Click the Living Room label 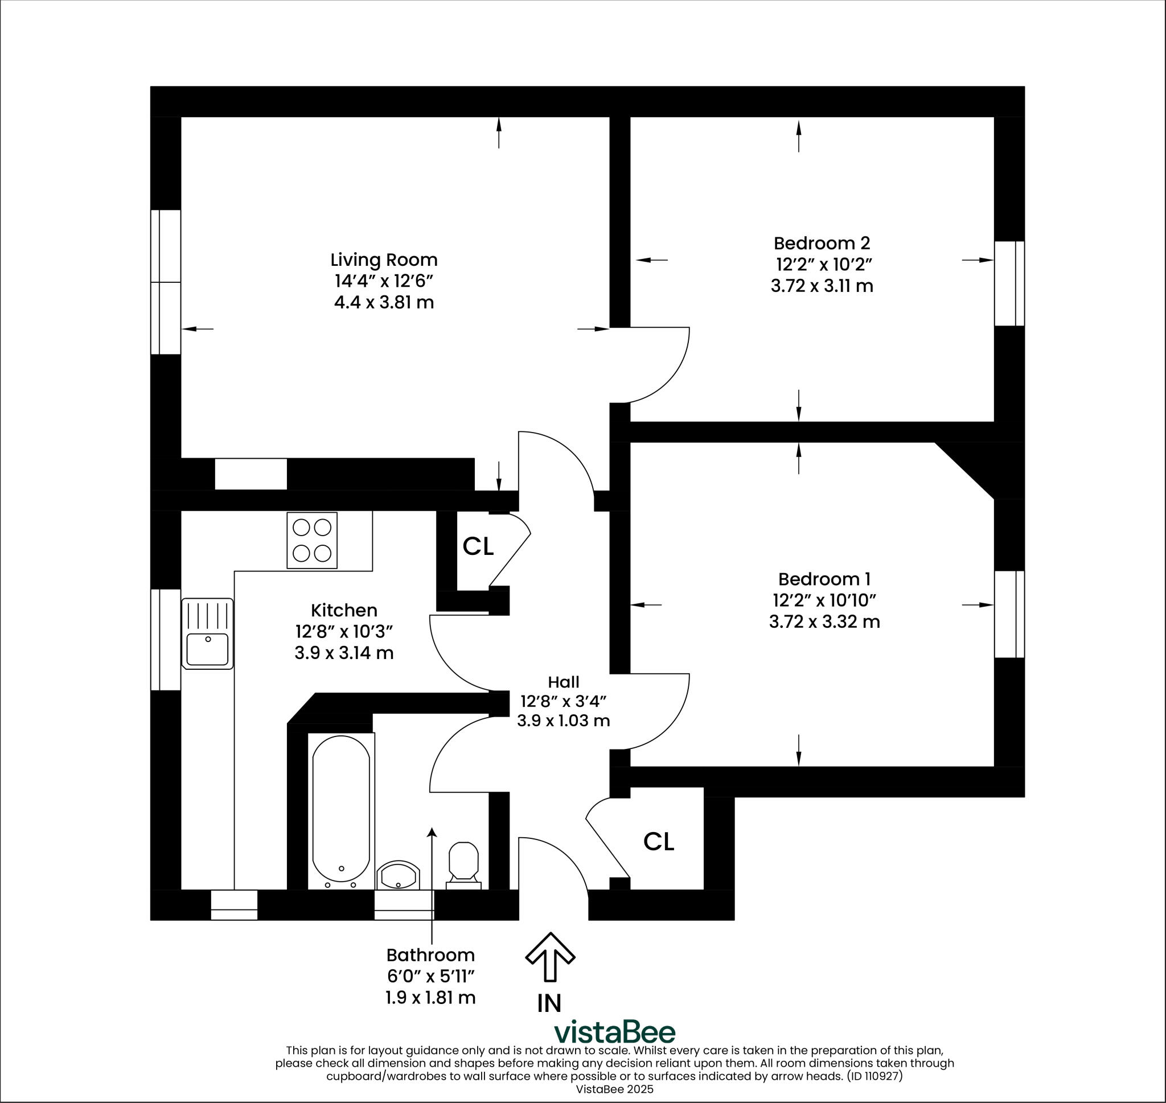(x=383, y=260)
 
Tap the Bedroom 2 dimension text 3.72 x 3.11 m (x=822, y=286)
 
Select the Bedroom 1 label (x=824, y=579)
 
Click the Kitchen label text (x=344, y=610)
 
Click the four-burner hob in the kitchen (x=311, y=540)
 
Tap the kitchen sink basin (x=207, y=649)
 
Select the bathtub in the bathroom (x=341, y=811)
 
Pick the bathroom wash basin (x=398, y=876)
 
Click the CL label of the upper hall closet (x=478, y=547)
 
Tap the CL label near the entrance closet (x=658, y=842)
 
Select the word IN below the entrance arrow (x=549, y=1003)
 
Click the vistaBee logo (x=615, y=1032)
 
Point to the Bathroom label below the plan (x=430, y=955)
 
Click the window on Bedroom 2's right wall (x=1009, y=283)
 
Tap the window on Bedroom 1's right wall (x=1009, y=614)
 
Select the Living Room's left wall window (x=166, y=282)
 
